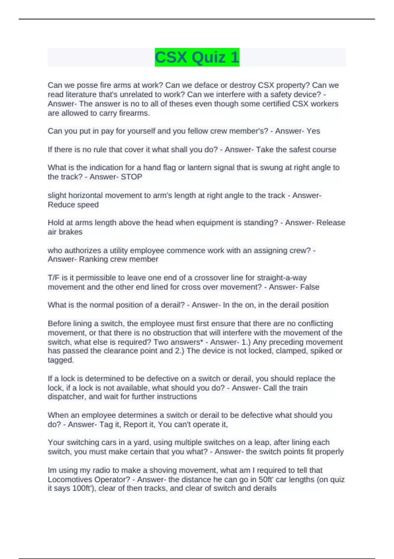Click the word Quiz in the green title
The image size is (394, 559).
click(x=208, y=57)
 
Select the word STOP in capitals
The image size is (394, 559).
click(x=131, y=177)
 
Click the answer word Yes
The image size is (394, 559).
click(x=313, y=131)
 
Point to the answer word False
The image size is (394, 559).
click(x=310, y=287)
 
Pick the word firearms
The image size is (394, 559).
click(x=135, y=113)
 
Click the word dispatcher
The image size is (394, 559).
click(x=66, y=397)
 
